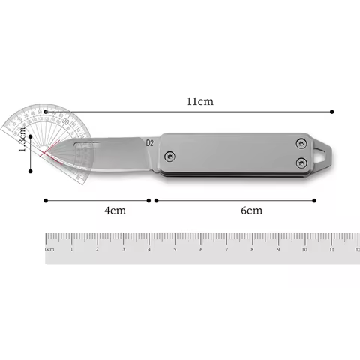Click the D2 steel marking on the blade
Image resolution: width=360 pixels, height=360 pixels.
[149, 143]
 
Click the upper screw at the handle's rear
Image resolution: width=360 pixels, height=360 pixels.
[301, 142]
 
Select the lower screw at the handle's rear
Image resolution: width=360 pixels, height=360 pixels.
[301, 162]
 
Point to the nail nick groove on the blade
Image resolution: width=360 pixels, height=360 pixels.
[88, 142]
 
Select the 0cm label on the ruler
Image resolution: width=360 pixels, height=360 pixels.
[49, 248]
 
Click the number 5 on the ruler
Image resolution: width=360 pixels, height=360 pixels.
[175, 247]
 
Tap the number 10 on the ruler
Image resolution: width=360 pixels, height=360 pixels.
[304, 247]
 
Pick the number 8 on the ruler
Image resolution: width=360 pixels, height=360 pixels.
[253, 247]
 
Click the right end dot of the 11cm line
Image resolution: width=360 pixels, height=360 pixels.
[333, 112]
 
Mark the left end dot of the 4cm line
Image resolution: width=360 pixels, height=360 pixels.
[46, 200]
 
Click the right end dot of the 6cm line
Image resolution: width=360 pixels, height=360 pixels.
[315, 200]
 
